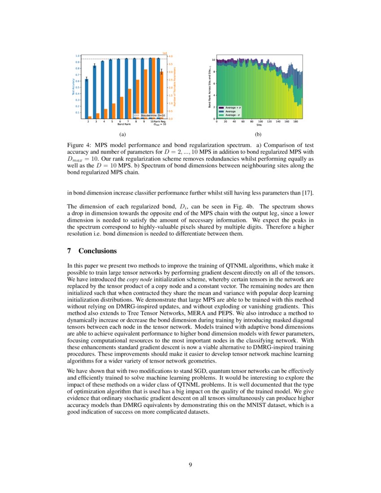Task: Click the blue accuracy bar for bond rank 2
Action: point(87,99)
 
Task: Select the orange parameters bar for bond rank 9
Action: point(145,94)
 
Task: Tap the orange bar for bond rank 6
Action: point(121,108)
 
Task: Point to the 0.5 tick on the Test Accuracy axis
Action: point(77,87)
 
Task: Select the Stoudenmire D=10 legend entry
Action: point(150,115)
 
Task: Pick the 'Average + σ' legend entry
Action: point(233,108)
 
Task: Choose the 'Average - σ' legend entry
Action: point(233,115)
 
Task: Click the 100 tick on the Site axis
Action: point(260,121)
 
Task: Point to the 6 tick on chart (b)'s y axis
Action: point(214,83)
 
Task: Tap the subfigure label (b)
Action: point(258,134)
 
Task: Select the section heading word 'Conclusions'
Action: point(98,251)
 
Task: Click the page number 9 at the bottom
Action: point(190,465)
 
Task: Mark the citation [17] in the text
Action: point(308,193)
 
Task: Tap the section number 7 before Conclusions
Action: point(69,251)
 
